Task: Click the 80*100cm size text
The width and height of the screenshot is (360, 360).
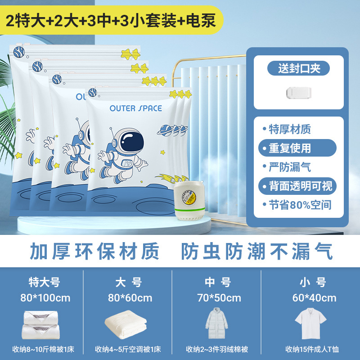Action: pos(45,297)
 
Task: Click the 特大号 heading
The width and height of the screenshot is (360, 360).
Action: pos(44,283)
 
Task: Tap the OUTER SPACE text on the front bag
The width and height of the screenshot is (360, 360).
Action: pos(135,108)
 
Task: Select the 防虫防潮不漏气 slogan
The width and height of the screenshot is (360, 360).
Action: pos(257,252)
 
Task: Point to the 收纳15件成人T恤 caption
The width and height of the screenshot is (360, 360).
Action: pos(311,349)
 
